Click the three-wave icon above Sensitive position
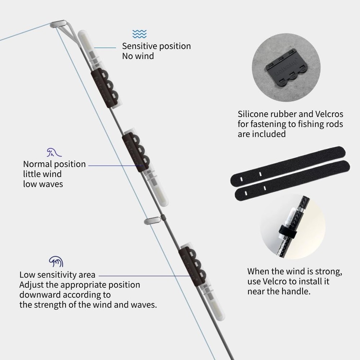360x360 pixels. pos(139,34)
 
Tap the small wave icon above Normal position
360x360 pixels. pos(54,152)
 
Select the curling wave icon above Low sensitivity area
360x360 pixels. pos(56,261)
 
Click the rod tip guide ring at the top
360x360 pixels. pos(58,24)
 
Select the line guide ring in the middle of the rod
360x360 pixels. pos(152,221)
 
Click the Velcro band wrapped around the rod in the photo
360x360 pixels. pos(288,232)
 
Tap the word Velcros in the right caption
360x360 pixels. pos(329,114)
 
